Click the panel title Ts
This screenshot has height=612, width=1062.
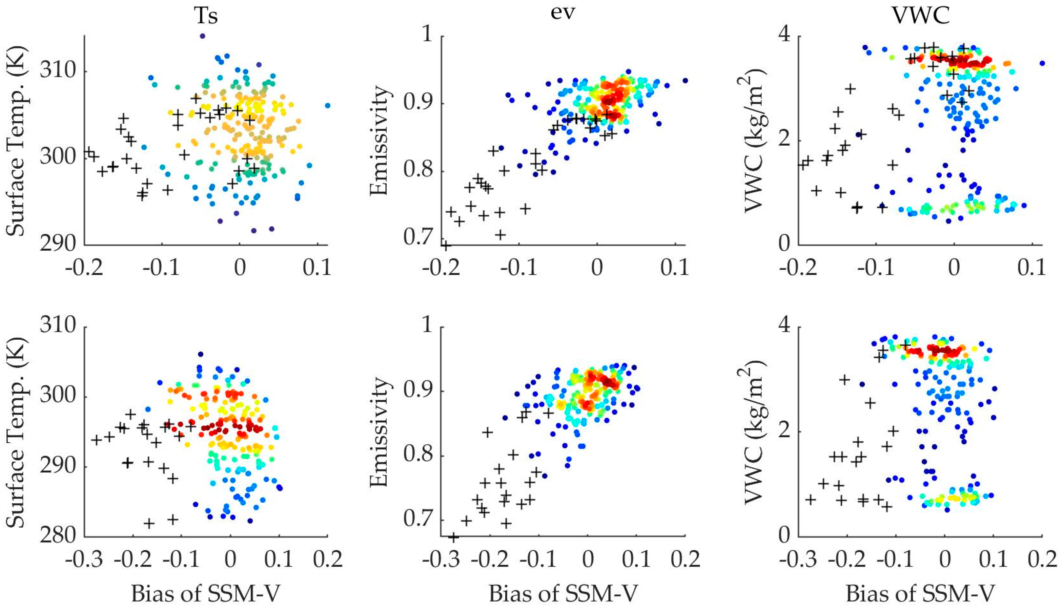tap(206, 17)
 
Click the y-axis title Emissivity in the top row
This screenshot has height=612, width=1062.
tap(379, 141)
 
